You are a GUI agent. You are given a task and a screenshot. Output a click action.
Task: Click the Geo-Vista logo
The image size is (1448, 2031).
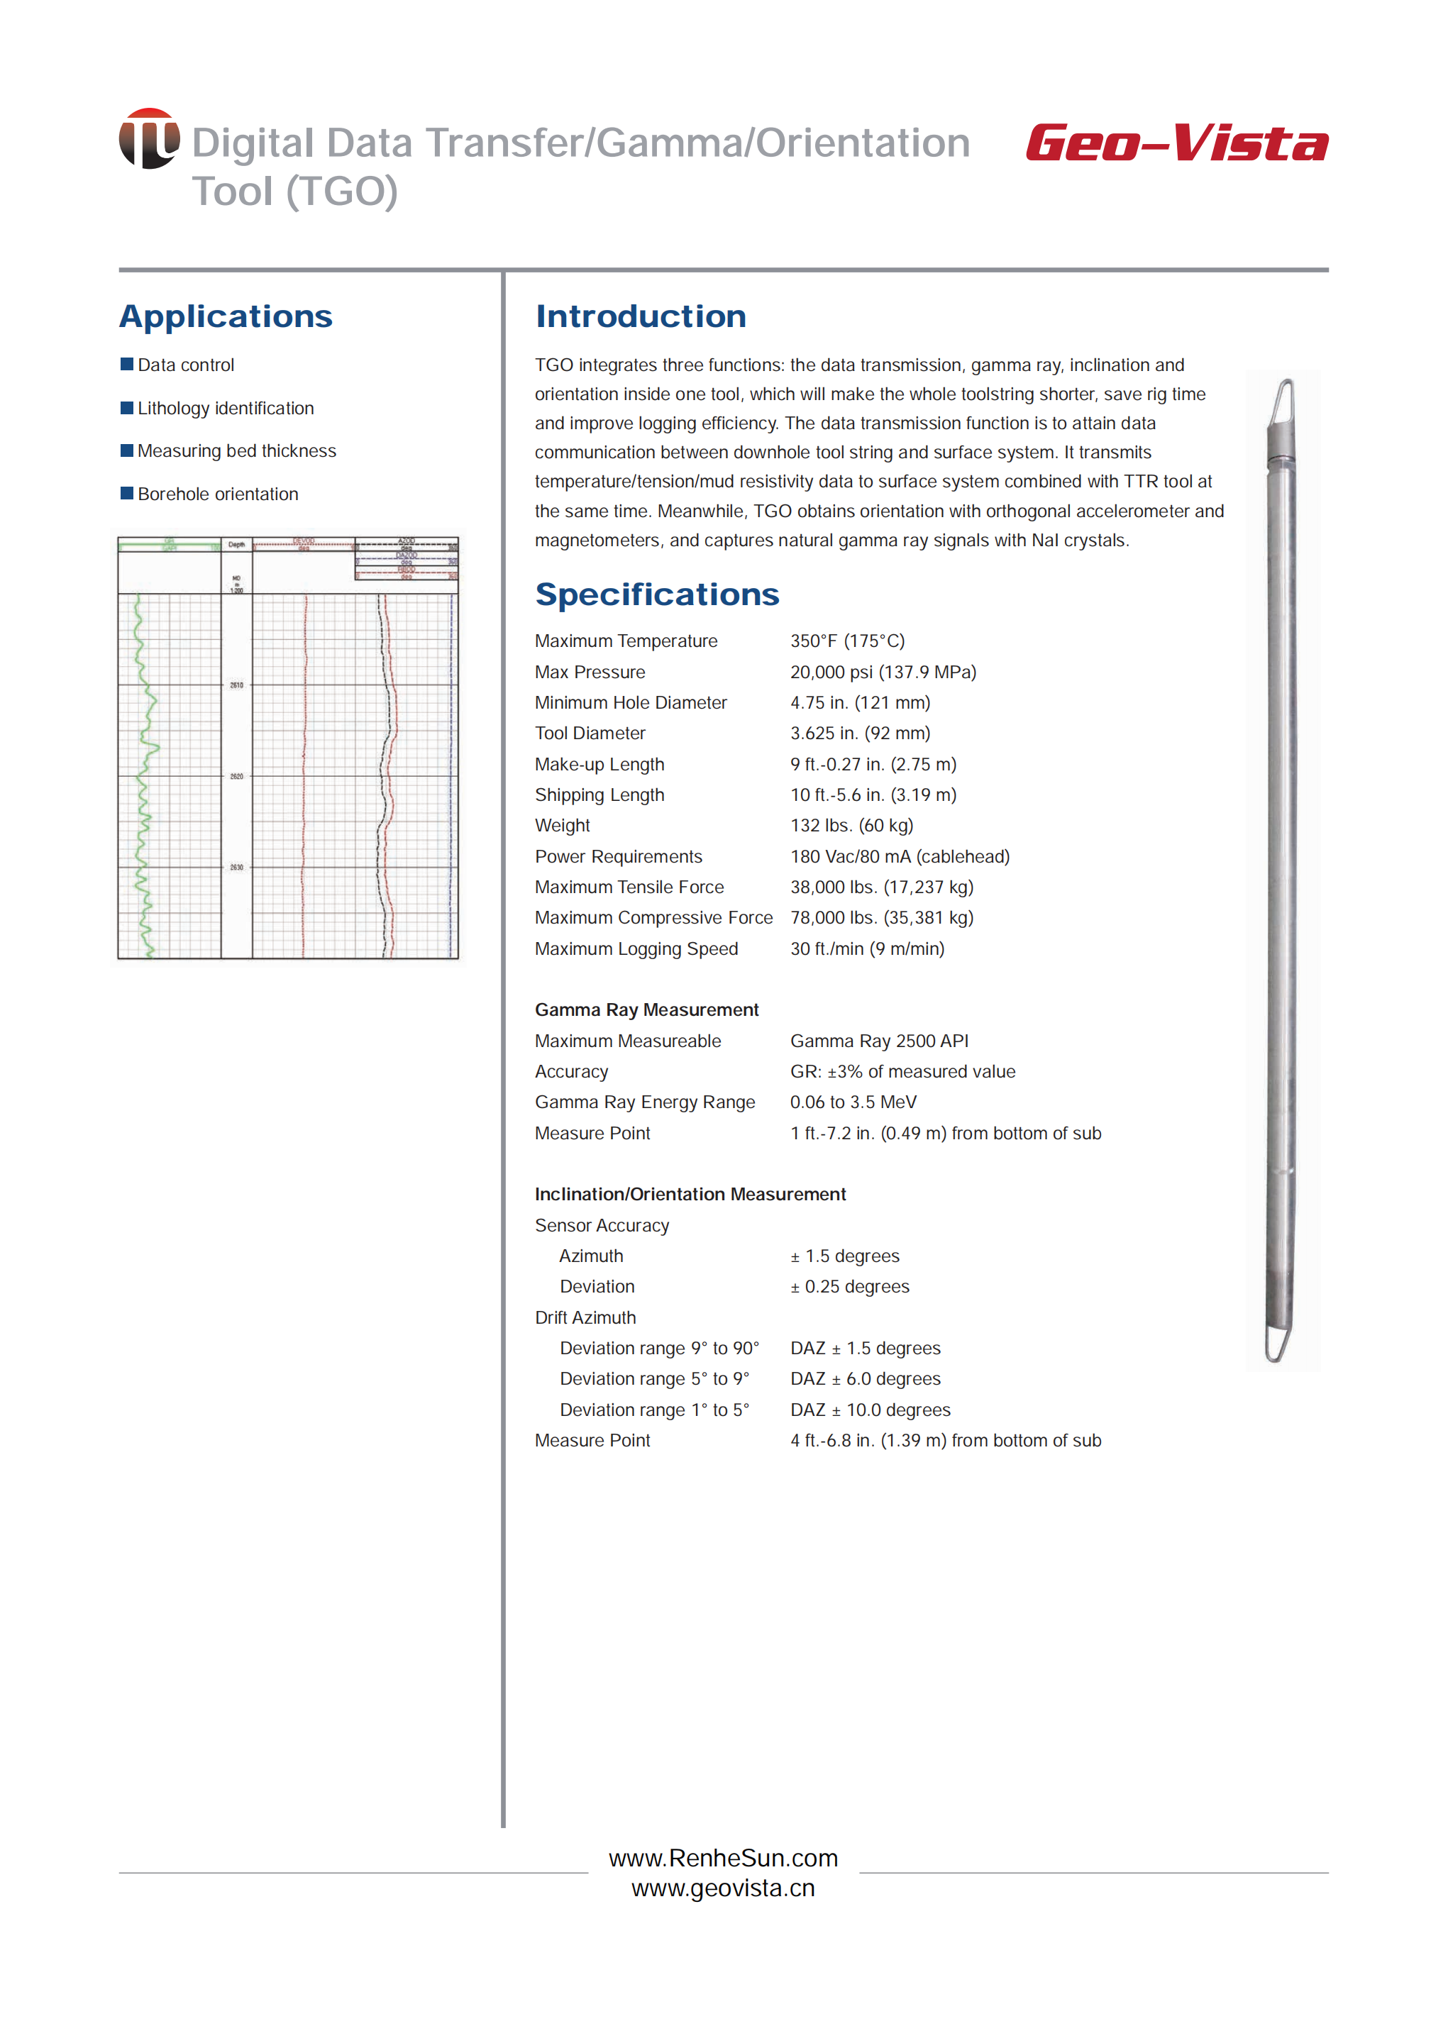(x=1176, y=143)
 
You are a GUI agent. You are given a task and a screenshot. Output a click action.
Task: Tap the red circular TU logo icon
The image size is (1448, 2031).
(x=149, y=138)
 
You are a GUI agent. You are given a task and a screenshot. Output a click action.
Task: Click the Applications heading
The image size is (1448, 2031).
(x=226, y=316)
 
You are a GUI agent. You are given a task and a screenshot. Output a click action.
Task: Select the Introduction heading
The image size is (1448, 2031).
(x=640, y=316)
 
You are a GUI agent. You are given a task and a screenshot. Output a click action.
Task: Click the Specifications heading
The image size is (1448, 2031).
(x=656, y=594)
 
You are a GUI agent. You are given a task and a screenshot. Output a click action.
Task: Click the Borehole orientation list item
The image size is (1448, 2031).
(x=218, y=494)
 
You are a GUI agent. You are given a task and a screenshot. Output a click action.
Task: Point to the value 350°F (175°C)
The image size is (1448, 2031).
(x=846, y=641)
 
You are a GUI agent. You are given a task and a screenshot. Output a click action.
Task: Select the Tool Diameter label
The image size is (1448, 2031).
(x=590, y=733)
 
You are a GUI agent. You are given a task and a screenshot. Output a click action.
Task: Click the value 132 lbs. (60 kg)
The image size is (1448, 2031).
(x=851, y=826)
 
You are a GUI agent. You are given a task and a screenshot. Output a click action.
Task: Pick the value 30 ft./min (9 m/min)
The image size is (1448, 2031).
(x=867, y=948)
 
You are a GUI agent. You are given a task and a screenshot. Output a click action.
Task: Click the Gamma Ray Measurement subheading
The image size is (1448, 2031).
(x=646, y=1009)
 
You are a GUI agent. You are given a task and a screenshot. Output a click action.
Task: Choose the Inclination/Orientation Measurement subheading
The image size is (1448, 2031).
(x=690, y=1194)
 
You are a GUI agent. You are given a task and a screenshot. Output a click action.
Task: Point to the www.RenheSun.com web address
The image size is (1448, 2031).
(x=723, y=1858)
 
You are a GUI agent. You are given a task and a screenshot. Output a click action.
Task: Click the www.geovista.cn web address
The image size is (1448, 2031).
(x=723, y=1888)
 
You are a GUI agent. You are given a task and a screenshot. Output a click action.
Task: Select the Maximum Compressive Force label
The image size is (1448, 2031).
(x=653, y=917)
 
